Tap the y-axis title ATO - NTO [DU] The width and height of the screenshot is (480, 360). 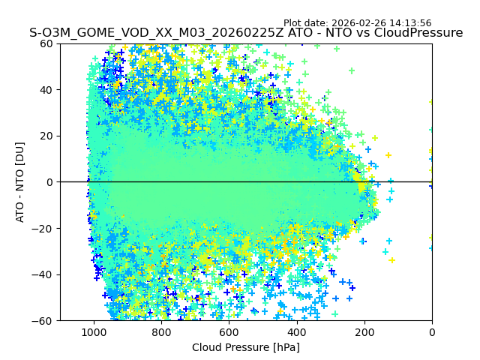20,182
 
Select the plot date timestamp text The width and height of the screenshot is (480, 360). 367,23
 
